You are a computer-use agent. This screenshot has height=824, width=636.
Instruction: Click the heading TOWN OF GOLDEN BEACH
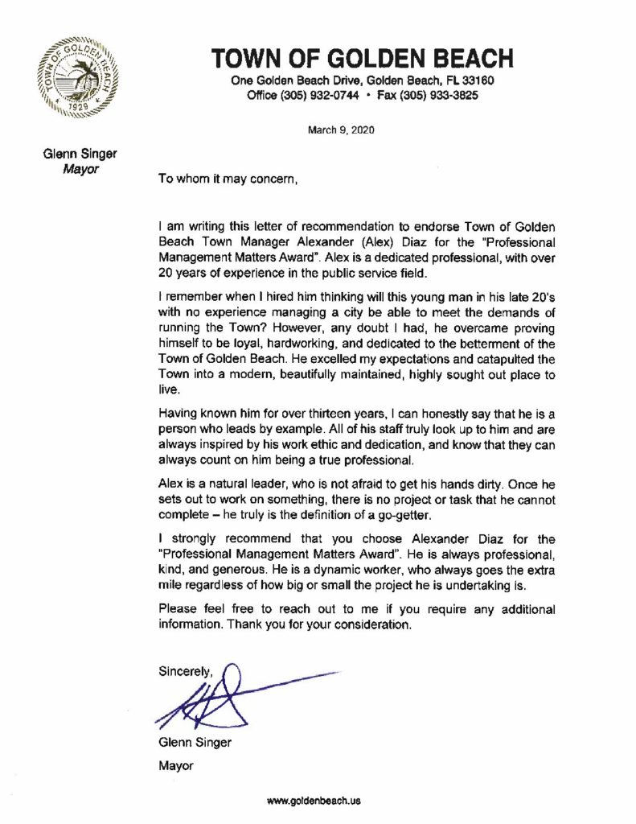tap(362, 60)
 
